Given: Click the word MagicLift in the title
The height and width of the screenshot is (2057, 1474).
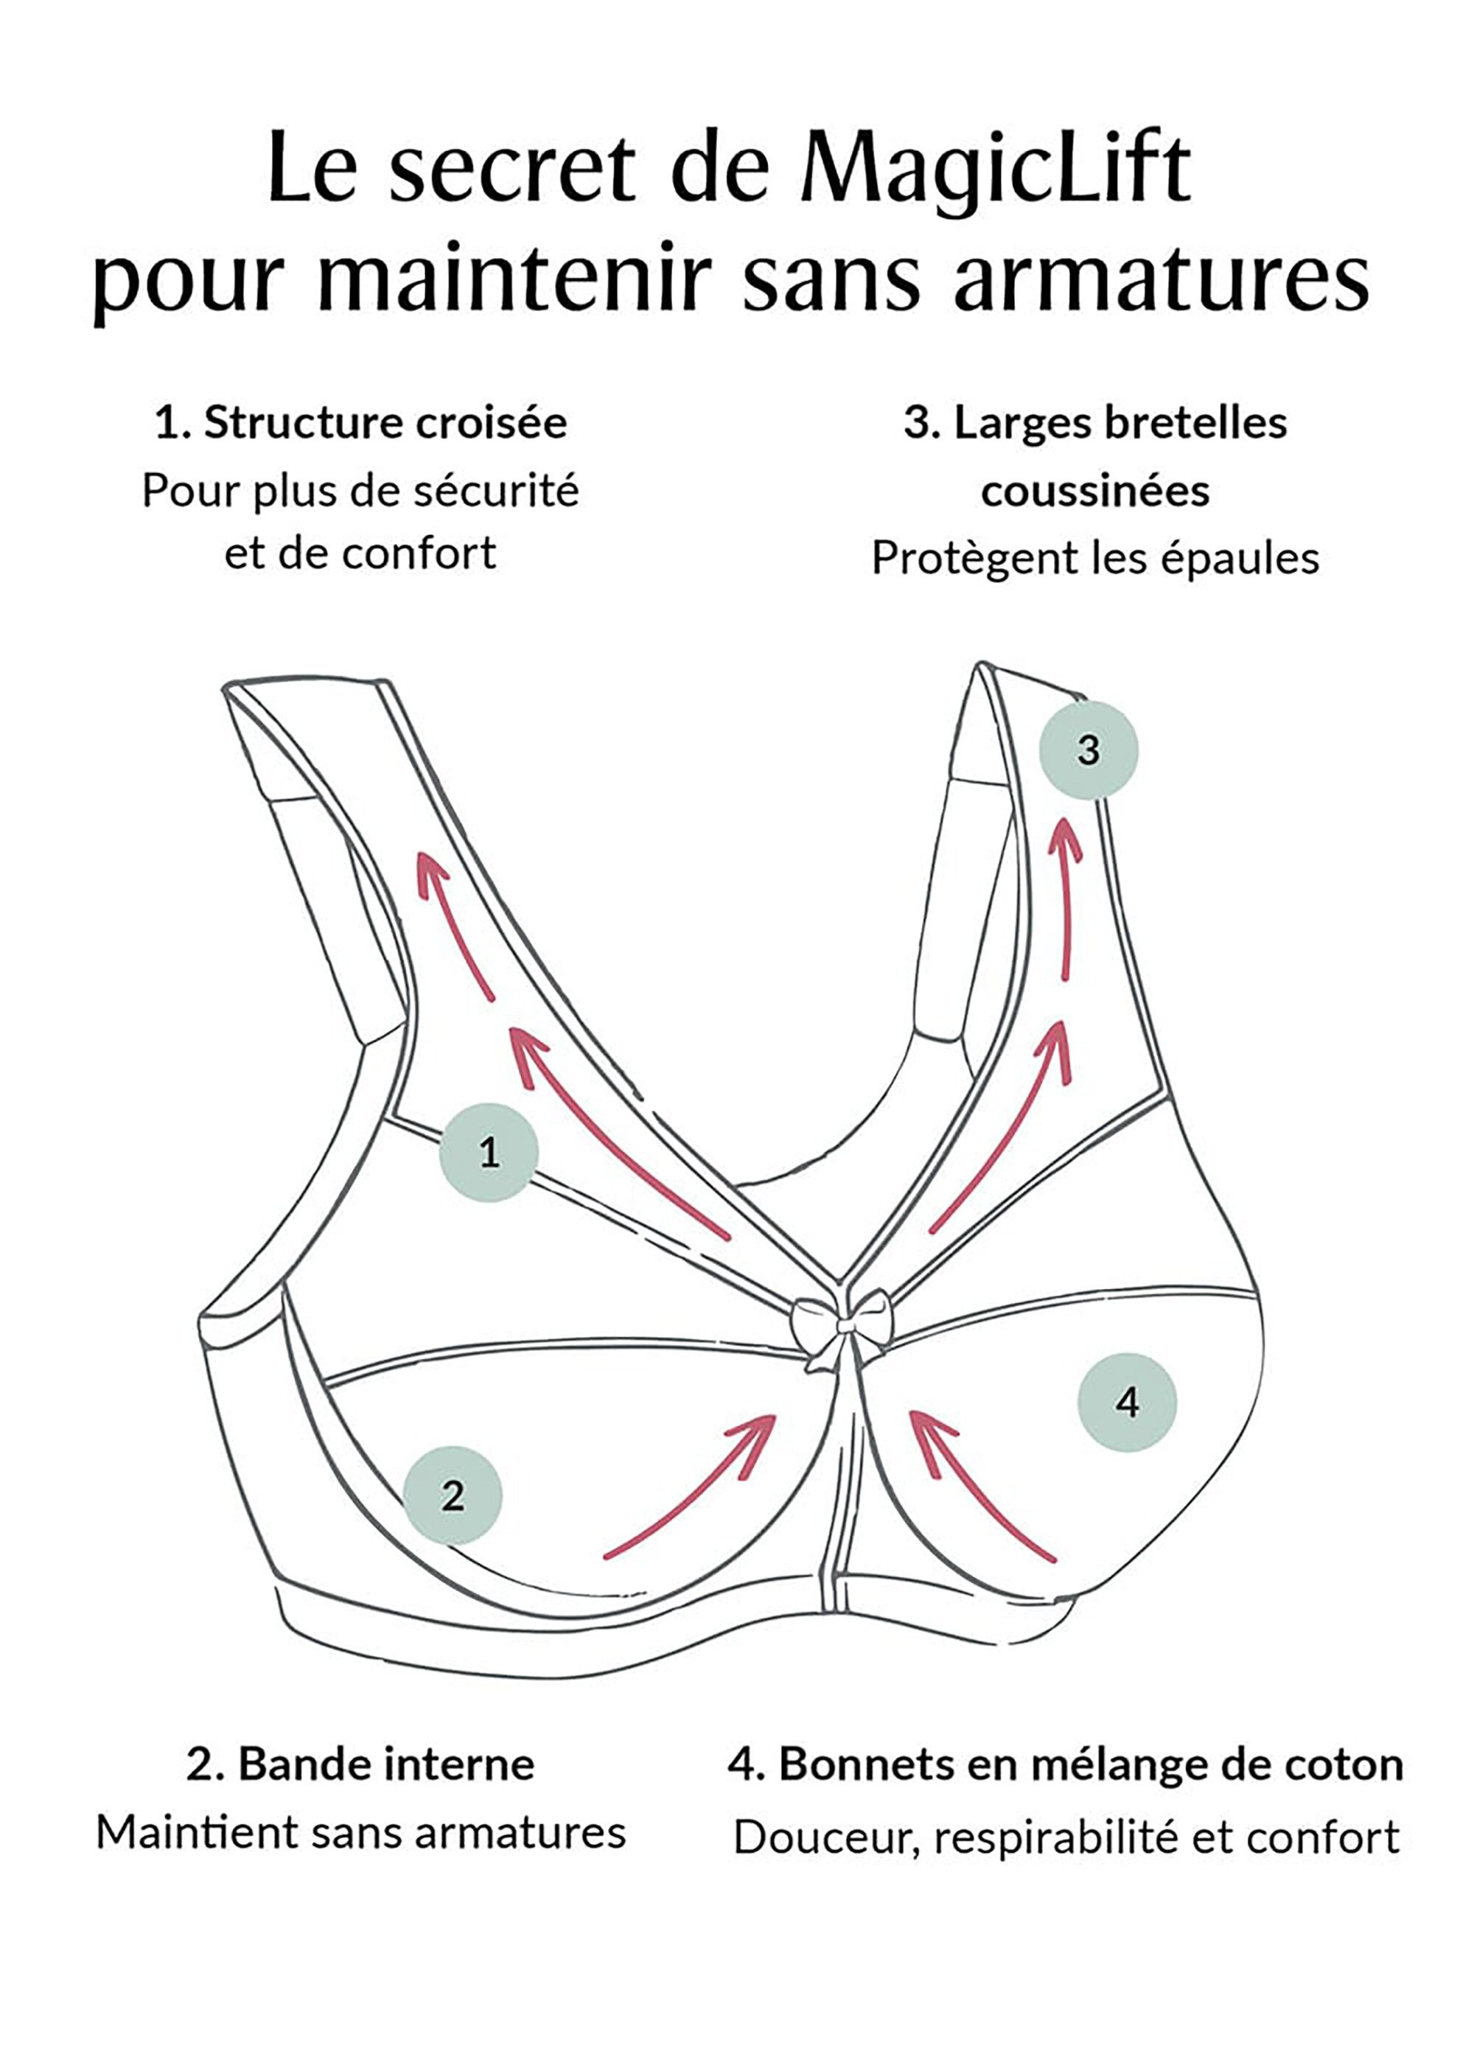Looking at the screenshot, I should [994, 170].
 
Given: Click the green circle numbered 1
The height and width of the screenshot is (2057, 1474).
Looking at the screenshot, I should [489, 1153].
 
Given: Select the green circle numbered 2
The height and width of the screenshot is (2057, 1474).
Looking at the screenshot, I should [453, 1495].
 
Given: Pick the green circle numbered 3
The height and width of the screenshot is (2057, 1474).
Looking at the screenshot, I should [1089, 750].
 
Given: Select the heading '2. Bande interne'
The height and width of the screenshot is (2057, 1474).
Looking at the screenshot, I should [361, 1765].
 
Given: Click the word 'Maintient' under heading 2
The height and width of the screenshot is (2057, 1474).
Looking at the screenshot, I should [198, 1833].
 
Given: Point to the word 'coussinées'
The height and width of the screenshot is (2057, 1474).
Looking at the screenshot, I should [1095, 491].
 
